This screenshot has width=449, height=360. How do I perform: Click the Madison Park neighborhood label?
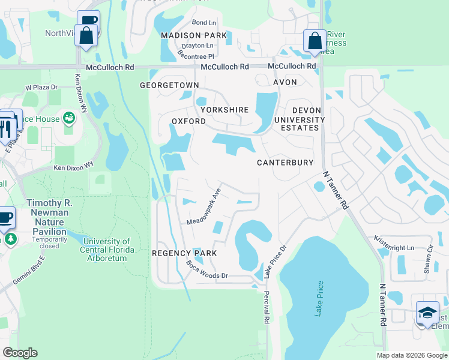pyautogui.click(x=194, y=35)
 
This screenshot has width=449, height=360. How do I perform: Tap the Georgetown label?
pyautogui.click(x=169, y=86)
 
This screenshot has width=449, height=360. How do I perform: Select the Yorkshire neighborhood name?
pyautogui.click(x=224, y=110)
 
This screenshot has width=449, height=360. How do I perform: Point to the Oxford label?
pyautogui.click(x=189, y=121)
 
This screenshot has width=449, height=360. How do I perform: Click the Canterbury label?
pyautogui.click(x=285, y=163)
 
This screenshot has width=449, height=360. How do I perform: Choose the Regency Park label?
pyautogui.click(x=184, y=253)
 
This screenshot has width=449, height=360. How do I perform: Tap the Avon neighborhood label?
pyautogui.click(x=285, y=82)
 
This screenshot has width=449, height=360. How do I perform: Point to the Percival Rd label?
pyautogui.click(x=266, y=308)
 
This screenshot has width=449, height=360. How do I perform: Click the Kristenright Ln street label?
pyautogui.click(x=394, y=247)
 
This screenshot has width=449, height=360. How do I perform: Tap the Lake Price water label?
pyautogui.click(x=319, y=298)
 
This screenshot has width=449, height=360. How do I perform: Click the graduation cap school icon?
pyautogui.click(x=427, y=313)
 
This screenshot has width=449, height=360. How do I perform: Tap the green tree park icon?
pyautogui.click(x=10, y=239)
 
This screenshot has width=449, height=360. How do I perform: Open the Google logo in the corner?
pyautogui.click(x=20, y=353)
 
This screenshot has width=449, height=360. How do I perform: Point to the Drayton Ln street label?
pyautogui.click(x=197, y=46)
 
